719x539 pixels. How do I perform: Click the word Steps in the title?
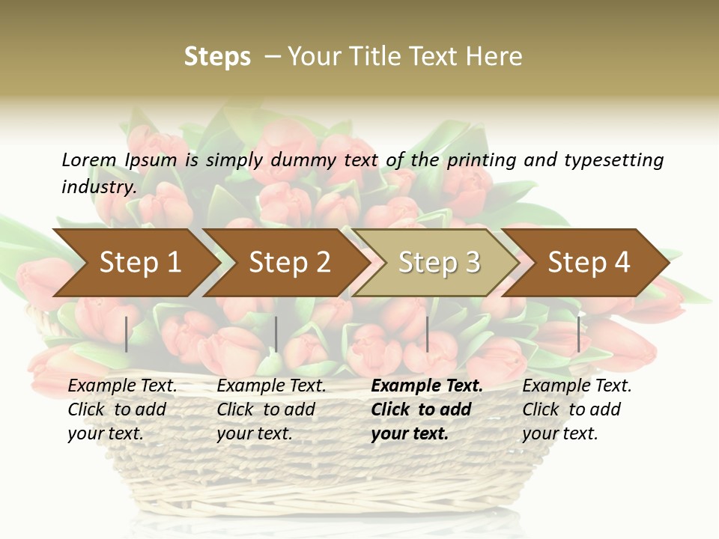click(217, 57)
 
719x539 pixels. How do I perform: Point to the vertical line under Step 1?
click(127, 334)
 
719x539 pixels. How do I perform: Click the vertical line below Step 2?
click(276, 334)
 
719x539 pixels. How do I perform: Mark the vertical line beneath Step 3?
click(427, 334)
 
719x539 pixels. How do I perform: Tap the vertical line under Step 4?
click(578, 334)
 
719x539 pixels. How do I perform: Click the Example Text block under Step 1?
click(122, 409)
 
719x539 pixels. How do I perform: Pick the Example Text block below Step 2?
click(271, 409)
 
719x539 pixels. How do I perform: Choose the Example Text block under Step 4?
click(577, 409)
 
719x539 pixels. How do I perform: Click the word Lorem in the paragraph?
click(89, 159)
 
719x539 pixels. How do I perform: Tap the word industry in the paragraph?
click(99, 186)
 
